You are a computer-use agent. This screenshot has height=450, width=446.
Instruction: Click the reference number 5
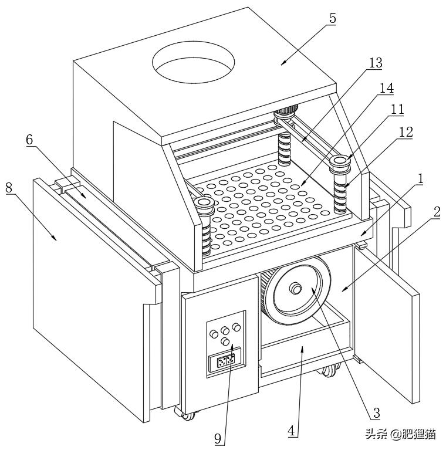coord(333,18)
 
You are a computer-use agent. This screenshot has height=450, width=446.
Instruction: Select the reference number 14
coord(386,88)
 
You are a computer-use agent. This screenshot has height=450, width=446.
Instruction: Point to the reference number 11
coord(397,110)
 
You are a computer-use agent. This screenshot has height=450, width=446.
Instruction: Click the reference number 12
coord(406,133)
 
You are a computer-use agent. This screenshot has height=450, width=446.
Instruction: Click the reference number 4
coord(292,431)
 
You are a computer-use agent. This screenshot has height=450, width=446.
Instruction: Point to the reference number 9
coord(218,438)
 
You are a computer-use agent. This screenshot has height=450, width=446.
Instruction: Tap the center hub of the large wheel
coord(296,289)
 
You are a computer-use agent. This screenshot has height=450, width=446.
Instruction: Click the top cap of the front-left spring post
coord(204,203)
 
